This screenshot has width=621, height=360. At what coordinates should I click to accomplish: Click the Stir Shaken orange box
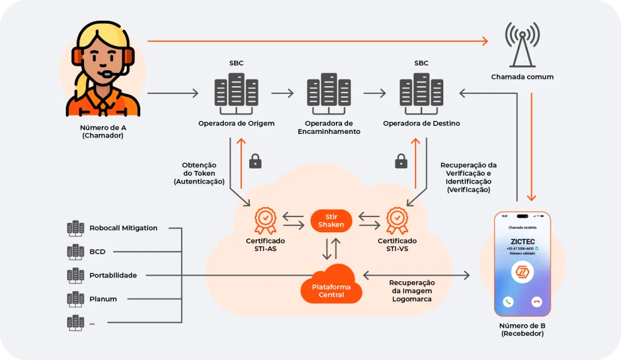click(331, 221)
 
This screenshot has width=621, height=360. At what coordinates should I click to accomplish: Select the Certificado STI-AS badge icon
click(265, 220)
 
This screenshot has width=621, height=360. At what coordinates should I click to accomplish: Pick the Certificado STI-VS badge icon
click(397, 220)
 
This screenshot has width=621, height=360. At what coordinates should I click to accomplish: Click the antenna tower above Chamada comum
click(522, 44)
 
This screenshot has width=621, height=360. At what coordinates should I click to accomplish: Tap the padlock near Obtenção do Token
click(255, 161)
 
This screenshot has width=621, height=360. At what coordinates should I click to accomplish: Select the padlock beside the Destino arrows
click(401, 161)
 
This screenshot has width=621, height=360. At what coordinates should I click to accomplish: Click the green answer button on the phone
click(508, 301)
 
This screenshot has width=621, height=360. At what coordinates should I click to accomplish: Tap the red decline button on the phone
click(536, 301)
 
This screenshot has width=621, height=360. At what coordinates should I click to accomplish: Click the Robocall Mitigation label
click(123, 228)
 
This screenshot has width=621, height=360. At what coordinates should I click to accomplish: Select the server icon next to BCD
click(76, 251)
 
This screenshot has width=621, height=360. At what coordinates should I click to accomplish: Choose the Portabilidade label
click(113, 275)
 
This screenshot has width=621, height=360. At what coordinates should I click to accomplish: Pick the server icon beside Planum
click(76, 299)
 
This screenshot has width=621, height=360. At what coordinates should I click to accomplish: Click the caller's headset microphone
click(108, 74)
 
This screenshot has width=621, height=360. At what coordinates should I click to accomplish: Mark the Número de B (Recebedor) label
click(522, 330)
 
